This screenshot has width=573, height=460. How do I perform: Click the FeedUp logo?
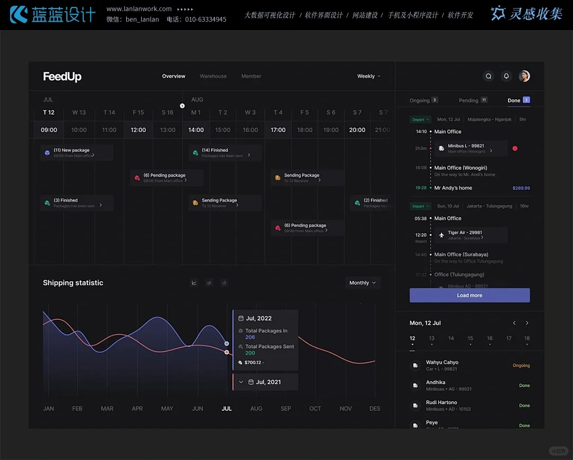[x=62, y=76]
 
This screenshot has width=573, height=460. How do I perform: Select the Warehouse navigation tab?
[x=213, y=76]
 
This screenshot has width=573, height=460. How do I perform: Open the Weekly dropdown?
[x=369, y=76]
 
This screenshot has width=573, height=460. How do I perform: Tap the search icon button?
[x=489, y=76]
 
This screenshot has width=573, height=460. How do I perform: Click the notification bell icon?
[x=506, y=76]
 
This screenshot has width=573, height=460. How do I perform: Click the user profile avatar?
[x=524, y=76]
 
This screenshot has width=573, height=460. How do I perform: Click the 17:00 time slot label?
[x=278, y=130]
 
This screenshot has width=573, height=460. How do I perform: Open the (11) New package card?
[x=76, y=153]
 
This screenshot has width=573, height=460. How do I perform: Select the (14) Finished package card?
[x=224, y=153]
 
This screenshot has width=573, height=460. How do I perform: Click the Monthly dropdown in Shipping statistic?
[x=363, y=283]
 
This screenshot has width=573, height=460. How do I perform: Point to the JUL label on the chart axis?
[x=227, y=409]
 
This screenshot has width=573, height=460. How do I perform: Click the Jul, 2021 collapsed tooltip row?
[x=265, y=382]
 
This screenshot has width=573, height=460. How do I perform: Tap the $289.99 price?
[x=521, y=188]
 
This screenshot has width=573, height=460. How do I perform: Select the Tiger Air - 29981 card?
[x=471, y=235]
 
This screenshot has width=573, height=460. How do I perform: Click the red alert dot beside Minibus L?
[x=515, y=149]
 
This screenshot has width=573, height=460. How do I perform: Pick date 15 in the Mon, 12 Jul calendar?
[x=470, y=339]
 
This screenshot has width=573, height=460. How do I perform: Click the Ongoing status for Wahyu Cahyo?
[x=521, y=366]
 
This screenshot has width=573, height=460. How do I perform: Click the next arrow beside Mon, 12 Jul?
[x=527, y=323]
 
